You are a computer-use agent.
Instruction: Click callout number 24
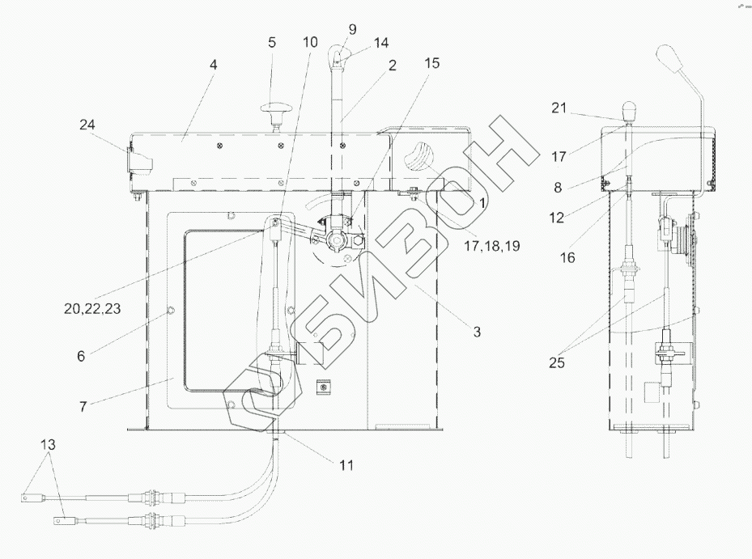tap(87, 125)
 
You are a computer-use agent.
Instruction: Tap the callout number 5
tap(272, 42)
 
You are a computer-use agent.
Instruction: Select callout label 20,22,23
tap(92, 309)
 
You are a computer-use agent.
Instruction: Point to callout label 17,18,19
tap(492, 246)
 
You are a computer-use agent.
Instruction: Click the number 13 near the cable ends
tap(48, 444)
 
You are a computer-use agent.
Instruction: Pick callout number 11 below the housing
tap(346, 464)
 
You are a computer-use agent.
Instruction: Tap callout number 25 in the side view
tap(557, 362)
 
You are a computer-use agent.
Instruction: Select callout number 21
tap(559, 108)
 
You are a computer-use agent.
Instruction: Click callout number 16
tap(567, 257)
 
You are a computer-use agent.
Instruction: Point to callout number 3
tap(477, 332)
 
